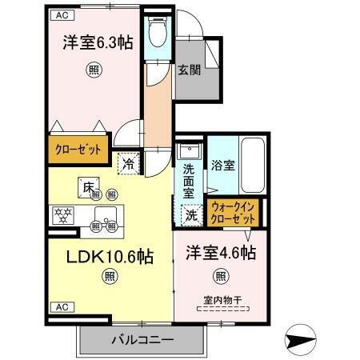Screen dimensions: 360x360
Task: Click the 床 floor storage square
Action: [86, 186]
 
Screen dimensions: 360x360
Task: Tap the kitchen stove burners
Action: [63, 214]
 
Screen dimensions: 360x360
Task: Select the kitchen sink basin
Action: [106, 214]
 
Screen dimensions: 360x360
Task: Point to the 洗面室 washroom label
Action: [189, 181]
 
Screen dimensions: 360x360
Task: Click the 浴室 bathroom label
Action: [222, 166]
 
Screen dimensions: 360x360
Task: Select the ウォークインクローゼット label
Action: [233, 212]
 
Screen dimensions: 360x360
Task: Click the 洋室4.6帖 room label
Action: [222, 253]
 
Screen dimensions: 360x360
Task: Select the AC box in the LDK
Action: [60, 307]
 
